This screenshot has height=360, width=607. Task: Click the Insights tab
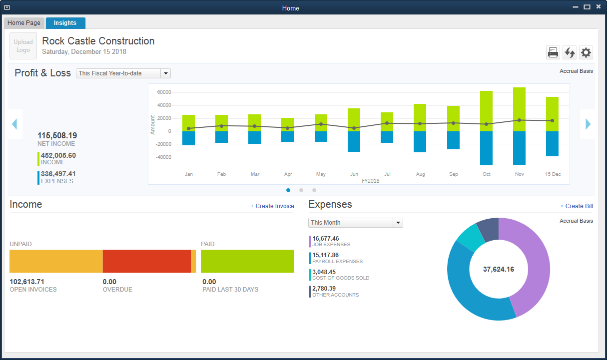[65, 23]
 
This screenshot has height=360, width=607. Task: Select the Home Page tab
[24, 23]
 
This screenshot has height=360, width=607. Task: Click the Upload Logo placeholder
[23, 46]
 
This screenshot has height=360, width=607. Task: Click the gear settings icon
[586, 52]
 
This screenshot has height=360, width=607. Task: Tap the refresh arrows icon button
[570, 52]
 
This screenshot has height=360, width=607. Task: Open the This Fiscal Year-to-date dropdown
[123, 73]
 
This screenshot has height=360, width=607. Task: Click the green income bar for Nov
[519, 109]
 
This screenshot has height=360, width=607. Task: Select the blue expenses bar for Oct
[486, 148]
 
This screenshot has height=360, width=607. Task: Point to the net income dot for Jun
[354, 128]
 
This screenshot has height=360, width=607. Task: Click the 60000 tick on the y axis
[164, 92]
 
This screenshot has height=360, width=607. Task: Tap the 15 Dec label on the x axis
[552, 174]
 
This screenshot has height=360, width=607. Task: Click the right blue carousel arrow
[588, 124]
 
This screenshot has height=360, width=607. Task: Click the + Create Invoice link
[272, 206]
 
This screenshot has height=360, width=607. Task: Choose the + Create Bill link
[576, 206]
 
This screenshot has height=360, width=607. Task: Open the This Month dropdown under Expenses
[355, 223]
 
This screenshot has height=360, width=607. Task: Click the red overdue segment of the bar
[146, 262]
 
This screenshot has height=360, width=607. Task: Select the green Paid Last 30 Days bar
[247, 262]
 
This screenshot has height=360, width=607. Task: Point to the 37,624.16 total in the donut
[498, 269]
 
